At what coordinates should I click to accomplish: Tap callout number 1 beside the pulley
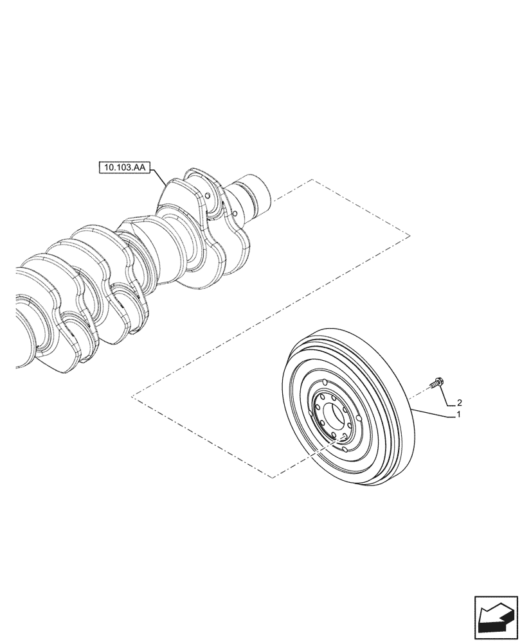click(x=458, y=415)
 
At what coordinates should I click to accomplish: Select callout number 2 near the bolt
click(x=459, y=403)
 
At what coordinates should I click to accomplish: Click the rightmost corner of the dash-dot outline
click(x=410, y=236)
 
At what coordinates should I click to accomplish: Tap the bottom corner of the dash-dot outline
click(x=273, y=478)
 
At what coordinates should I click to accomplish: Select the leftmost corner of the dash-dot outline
click(x=131, y=397)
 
